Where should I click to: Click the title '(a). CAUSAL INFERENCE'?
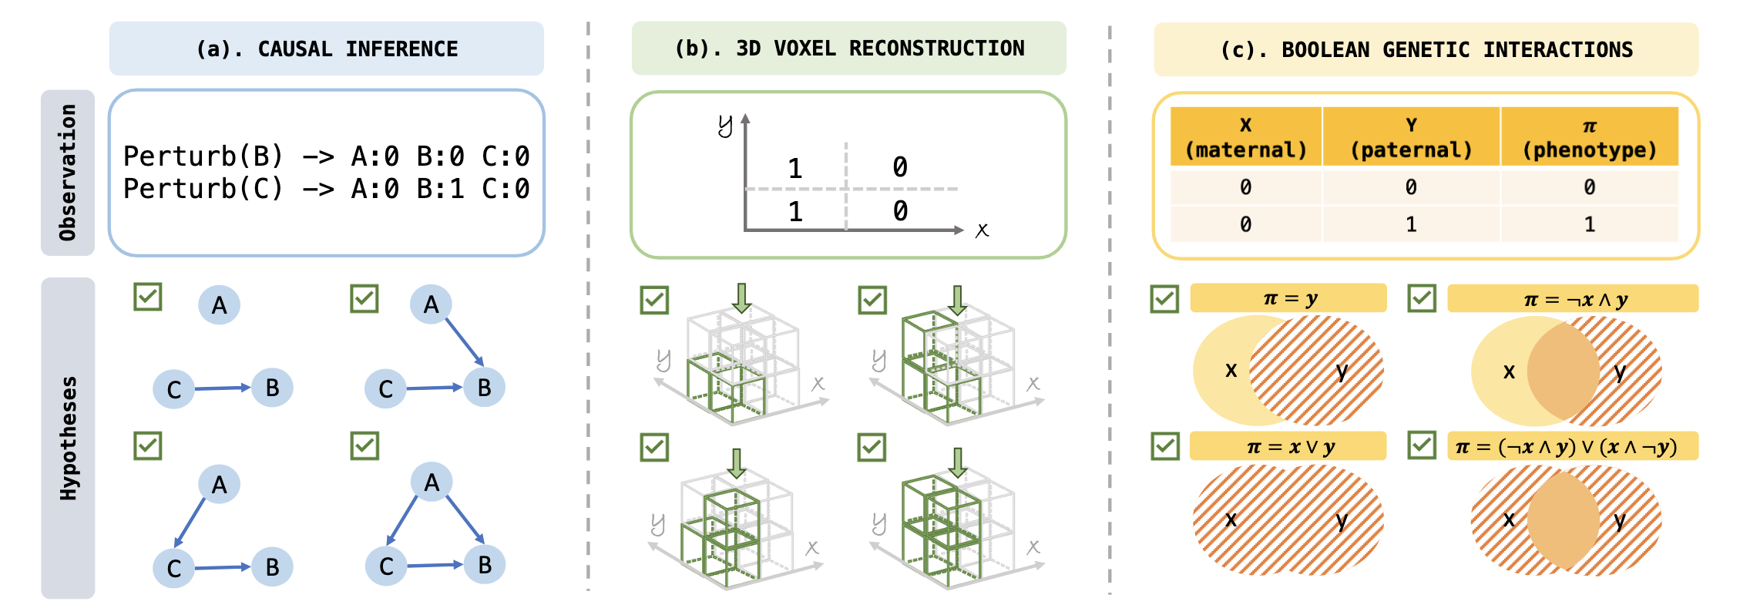click(x=327, y=49)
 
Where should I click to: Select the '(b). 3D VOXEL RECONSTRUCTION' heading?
click(x=849, y=49)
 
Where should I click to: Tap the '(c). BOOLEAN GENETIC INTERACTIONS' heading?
click(x=1426, y=50)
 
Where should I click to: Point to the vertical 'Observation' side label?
click(x=68, y=173)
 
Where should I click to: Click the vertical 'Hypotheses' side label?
click(x=68, y=438)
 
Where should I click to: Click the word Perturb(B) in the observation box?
click(x=203, y=156)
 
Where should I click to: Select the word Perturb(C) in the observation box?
click(x=203, y=189)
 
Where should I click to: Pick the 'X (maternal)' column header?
click(x=1246, y=137)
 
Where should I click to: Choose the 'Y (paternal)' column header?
click(x=1411, y=137)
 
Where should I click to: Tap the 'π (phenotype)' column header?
click(x=1589, y=137)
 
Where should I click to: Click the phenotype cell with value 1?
click(x=1589, y=224)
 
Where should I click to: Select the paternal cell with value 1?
click(x=1411, y=224)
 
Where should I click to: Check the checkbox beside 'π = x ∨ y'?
click(x=1165, y=445)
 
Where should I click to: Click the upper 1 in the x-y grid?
click(x=795, y=168)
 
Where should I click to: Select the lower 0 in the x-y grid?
click(x=900, y=210)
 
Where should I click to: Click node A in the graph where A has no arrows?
click(x=220, y=305)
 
